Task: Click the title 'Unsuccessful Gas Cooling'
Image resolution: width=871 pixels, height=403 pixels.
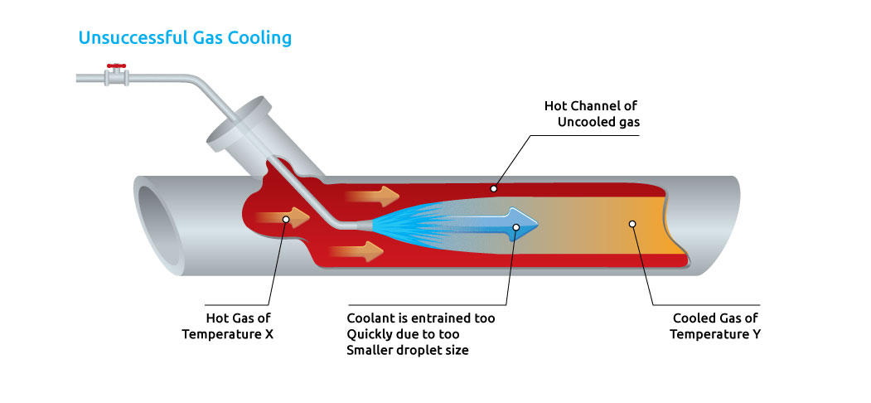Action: (x=185, y=38)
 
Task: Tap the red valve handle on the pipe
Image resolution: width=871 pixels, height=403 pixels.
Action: (x=117, y=66)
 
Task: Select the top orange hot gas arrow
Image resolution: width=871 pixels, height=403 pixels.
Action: (x=372, y=197)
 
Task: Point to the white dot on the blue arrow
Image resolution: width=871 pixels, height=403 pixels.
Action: (x=515, y=226)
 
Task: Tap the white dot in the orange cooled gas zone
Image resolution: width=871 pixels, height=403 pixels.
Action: (x=632, y=224)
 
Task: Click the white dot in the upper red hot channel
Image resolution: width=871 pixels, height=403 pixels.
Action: (x=493, y=188)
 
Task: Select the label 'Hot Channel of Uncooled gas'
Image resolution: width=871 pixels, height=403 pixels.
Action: (x=592, y=114)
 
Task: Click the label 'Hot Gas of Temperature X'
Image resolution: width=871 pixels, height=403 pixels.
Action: (x=239, y=326)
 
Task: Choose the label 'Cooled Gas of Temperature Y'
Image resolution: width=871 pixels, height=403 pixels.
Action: (x=715, y=326)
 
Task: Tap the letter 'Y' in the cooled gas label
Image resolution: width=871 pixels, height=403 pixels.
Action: (x=756, y=334)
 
